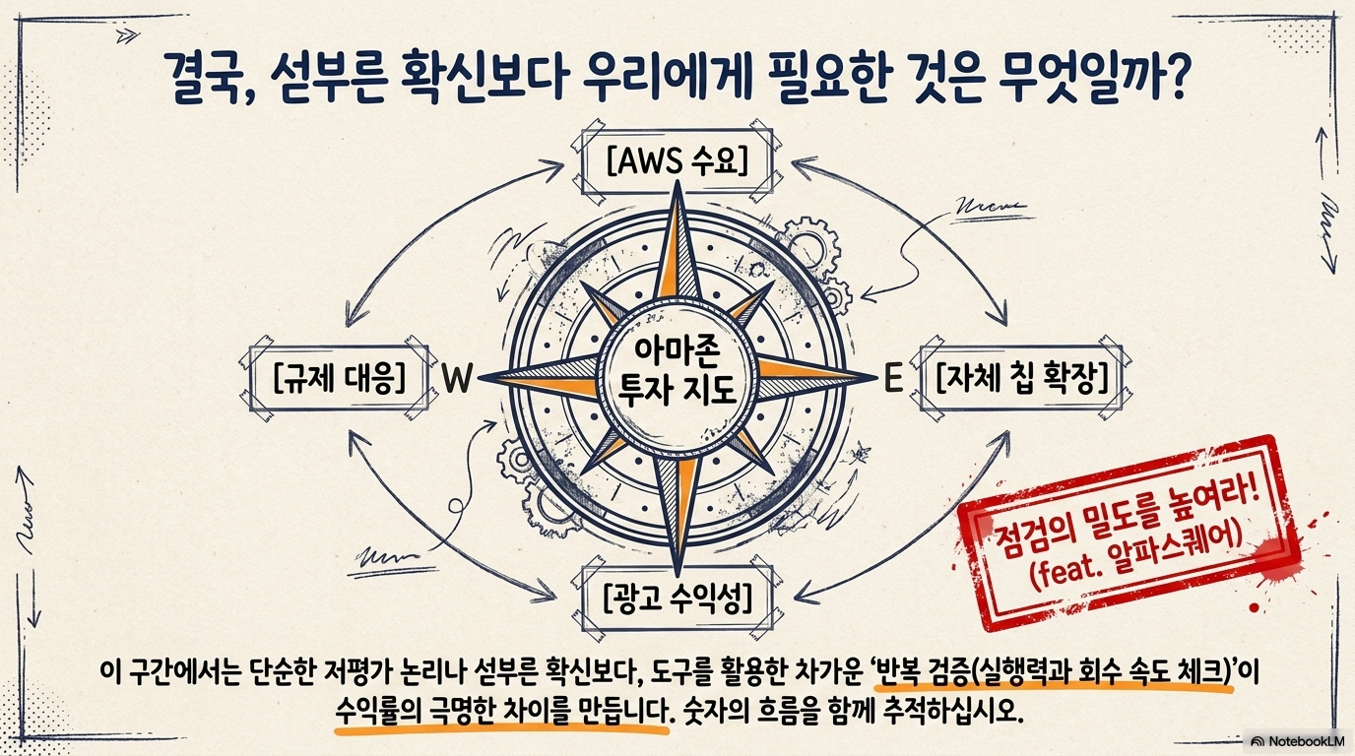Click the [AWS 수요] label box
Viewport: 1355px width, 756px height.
(677, 160)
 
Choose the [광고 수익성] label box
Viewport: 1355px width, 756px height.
(677, 596)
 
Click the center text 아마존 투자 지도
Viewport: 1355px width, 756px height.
(677, 377)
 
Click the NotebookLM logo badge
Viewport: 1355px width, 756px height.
(1298, 740)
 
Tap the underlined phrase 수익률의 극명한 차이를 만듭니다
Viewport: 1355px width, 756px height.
(501, 711)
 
